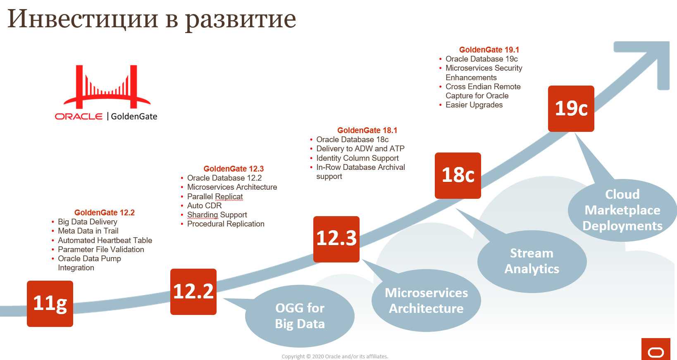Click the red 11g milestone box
[50, 303]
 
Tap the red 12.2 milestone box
[193, 292]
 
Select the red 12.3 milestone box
[336, 239]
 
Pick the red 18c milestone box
[458, 176]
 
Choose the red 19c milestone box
[571, 109]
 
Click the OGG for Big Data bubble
[300, 316]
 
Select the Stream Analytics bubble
[532, 261]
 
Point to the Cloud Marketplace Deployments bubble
[622, 210]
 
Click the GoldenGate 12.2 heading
[105, 212]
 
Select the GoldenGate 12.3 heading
[234, 169]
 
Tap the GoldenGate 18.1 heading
[367, 130]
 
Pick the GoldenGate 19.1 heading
[489, 50]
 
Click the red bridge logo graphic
[107, 87]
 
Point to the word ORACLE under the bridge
[79, 117]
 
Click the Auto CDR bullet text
[204, 205]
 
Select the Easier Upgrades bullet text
[474, 105]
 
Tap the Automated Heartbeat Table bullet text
[105, 240]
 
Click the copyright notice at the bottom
[335, 356]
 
